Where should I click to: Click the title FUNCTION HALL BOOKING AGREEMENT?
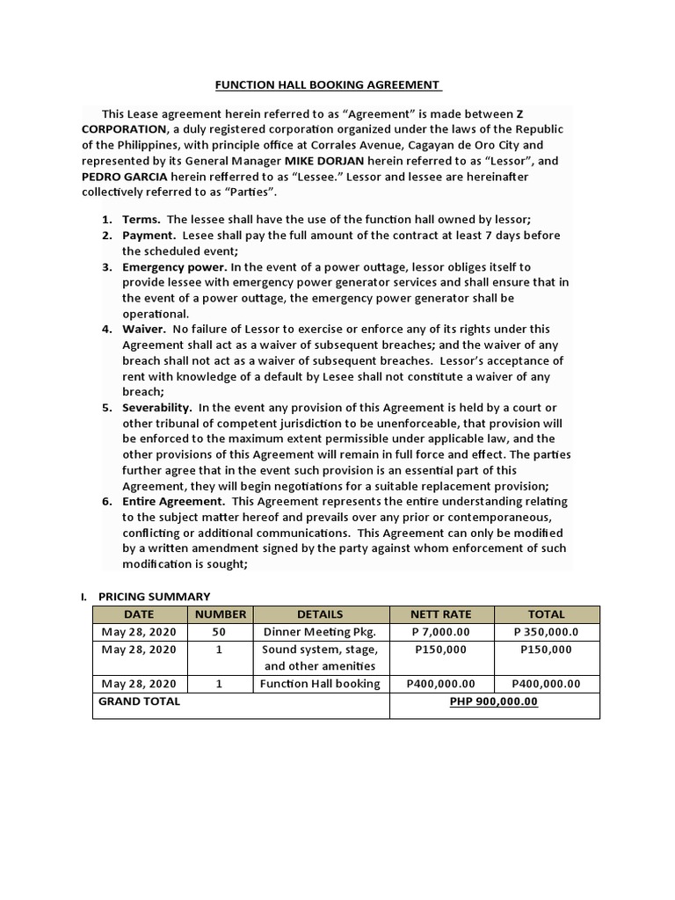click(x=328, y=85)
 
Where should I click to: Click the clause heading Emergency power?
click(x=174, y=266)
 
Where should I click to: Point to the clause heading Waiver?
click(x=143, y=330)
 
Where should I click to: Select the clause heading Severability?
click(x=156, y=408)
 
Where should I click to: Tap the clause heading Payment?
click(x=149, y=236)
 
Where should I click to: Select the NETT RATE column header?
click(x=441, y=614)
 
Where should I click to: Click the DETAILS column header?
click(x=320, y=614)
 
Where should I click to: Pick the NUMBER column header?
click(x=221, y=614)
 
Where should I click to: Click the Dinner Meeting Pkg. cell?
click(x=320, y=632)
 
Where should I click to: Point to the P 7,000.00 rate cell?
click(x=441, y=632)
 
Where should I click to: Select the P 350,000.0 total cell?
click(x=546, y=632)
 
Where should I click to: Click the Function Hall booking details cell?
click(x=320, y=684)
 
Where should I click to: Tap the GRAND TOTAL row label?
click(x=139, y=701)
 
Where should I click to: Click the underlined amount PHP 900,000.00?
click(x=493, y=701)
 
